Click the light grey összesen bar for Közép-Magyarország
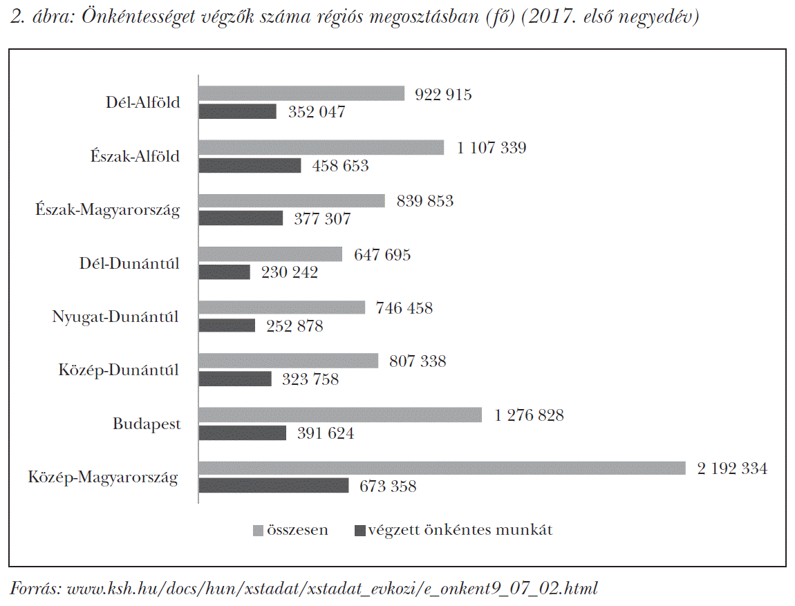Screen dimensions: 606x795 click(442, 468)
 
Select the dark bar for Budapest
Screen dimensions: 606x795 click(243, 433)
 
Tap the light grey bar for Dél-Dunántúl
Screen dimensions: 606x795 click(270, 254)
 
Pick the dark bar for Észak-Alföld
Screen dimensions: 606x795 click(250, 165)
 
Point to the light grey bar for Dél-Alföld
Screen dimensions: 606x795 click(301, 93)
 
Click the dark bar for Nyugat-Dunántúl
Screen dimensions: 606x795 click(227, 325)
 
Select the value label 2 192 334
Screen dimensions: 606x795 click(732, 468)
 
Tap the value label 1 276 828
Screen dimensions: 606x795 click(529, 415)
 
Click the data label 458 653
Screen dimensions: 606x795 click(340, 166)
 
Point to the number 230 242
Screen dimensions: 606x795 click(290, 272)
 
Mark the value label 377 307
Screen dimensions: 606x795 click(322, 219)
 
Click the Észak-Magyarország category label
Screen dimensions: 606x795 click(108, 210)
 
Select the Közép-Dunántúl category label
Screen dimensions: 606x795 click(118, 370)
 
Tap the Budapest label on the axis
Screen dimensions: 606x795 click(147, 424)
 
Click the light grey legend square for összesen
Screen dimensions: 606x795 click(259, 531)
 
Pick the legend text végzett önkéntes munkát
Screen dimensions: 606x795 click(460, 531)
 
